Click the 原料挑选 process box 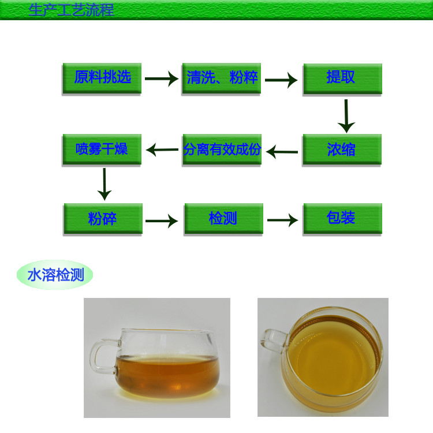[102, 78]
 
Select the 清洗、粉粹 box [222, 78]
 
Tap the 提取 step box [342, 79]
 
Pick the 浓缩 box [342, 150]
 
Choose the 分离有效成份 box [222, 150]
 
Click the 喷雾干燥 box [102, 150]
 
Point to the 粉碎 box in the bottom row [103, 219]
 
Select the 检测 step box [223, 219]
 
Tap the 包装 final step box [342, 219]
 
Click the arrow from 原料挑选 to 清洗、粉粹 [162, 79]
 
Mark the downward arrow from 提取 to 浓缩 [346, 116]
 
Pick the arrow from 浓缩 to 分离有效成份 [282, 152]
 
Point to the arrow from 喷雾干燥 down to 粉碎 [104, 184]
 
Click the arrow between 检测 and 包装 [283, 220]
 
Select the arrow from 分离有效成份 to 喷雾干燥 [162, 150]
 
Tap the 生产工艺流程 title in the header [71, 10]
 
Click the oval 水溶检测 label [55, 275]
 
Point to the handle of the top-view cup [274, 341]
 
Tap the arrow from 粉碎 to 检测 [162, 221]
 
